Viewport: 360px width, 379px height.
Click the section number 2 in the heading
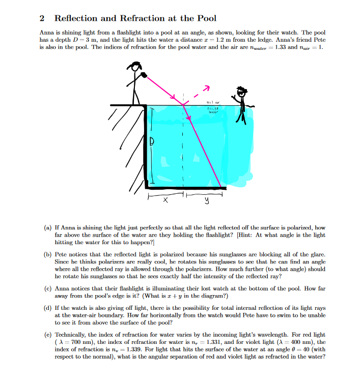pos(42,18)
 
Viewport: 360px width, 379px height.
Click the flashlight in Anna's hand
pos(144,75)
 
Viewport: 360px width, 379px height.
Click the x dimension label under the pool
pos(164,201)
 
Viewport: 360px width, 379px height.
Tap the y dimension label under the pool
pos(207,201)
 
